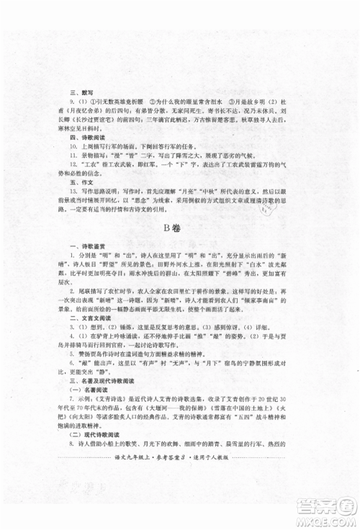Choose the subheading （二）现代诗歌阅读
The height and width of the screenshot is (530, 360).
coord(91,477)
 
